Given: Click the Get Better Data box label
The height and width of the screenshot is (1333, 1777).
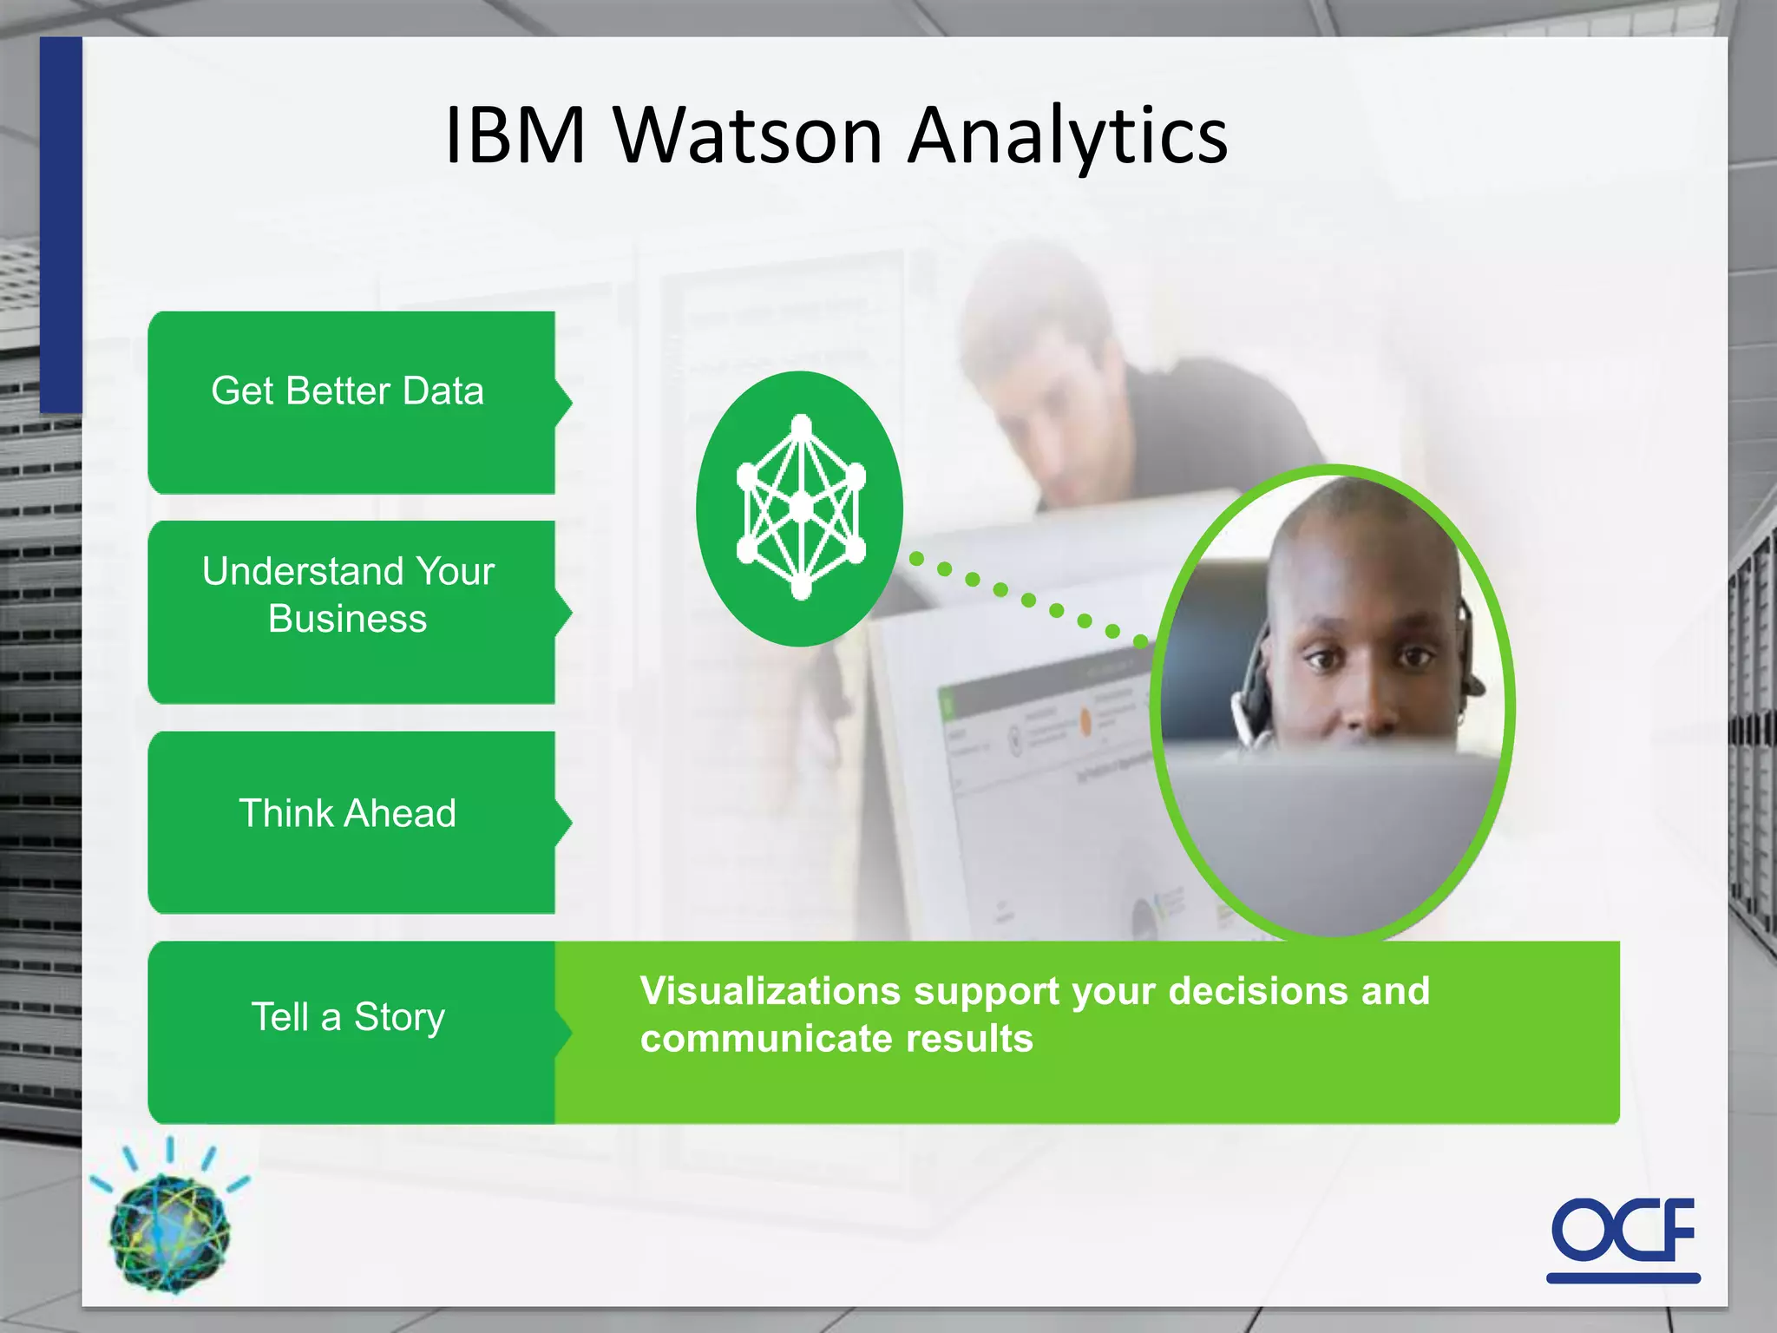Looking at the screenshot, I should [x=347, y=391].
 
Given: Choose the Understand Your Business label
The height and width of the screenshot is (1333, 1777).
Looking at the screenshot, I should [x=348, y=595].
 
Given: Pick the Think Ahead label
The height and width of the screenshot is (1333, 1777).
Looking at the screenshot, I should [x=347, y=814].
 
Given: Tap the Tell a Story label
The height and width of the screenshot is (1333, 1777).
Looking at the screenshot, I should [x=348, y=1017].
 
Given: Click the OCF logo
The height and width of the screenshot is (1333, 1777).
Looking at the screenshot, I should [x=1623, y=1231].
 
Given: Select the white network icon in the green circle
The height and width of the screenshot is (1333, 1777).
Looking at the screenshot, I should [x=801, y=508].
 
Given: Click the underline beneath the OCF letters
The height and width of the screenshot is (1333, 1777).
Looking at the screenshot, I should [x=1623, y=1277].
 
